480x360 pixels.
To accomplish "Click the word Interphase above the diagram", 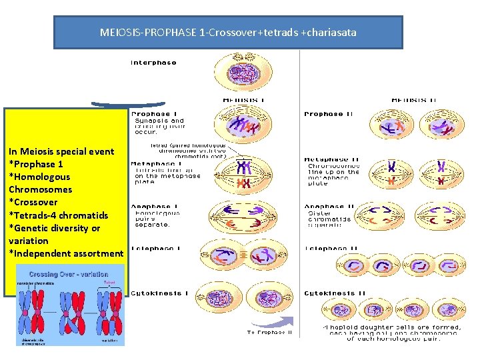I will (153, 63).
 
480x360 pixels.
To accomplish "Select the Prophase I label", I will (154, 114).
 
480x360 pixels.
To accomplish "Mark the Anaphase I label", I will (153, 206).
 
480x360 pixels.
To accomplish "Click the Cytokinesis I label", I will (159, 293).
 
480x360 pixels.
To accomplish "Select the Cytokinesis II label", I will (335, 293).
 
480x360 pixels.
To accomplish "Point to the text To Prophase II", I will (269, 332).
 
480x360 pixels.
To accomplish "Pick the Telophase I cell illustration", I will (242, 257).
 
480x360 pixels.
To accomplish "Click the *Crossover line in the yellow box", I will (33, 202).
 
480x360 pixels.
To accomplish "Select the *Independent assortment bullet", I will (66, 253).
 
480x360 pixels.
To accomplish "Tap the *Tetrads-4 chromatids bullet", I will (58, 215).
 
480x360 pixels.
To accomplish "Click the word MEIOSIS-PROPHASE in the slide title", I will (147, 32).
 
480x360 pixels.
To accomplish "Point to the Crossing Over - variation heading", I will (70, 273).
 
